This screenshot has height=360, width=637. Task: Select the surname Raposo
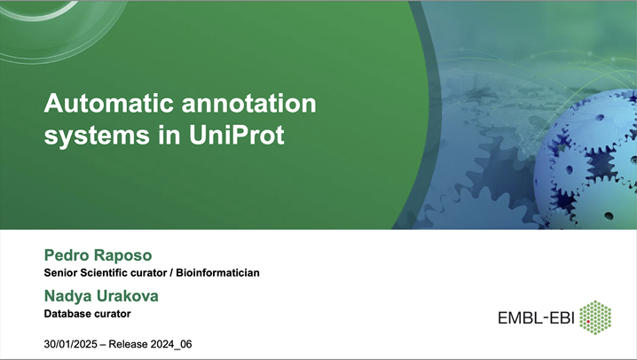pyautogui.click(x=124, y=254)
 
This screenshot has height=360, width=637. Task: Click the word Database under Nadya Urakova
pyautogui.click(x=69, y=313)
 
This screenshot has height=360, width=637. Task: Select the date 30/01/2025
pyautogui.click(x=73, y=343)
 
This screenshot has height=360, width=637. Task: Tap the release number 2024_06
pyautogui.click(x=169, y=343)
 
